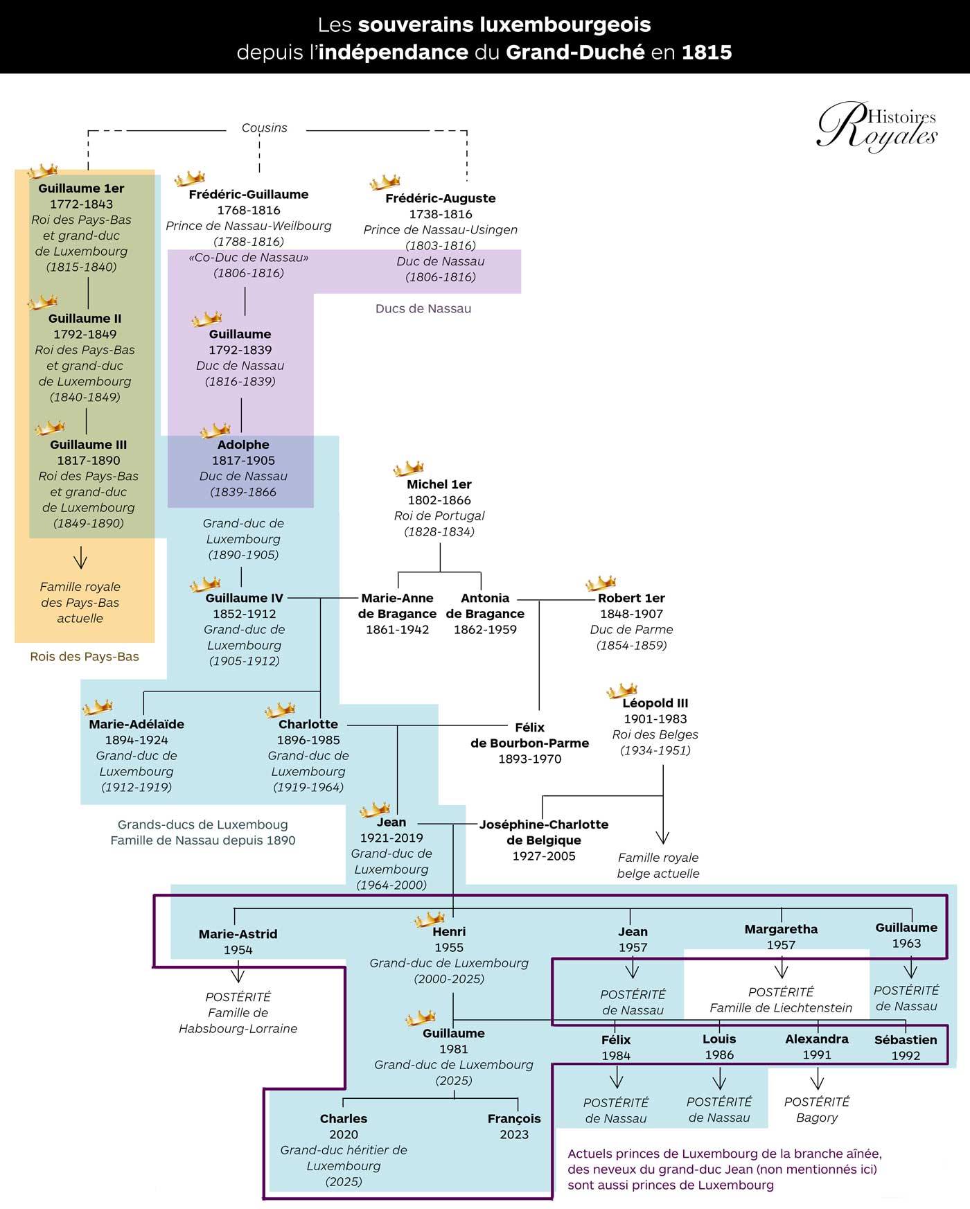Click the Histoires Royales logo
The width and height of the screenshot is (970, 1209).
(877, 127)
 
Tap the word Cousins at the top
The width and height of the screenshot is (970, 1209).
(264, 128)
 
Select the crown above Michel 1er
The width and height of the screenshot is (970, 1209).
(408, 468)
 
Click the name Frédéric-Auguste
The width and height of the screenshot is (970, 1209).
(440, 198)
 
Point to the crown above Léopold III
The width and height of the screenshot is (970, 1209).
(621, 690)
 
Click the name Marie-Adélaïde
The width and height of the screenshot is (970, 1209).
(136, 724)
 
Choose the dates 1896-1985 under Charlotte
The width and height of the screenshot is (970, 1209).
(308, 740)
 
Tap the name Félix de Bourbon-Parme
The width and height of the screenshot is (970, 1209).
(529, 735)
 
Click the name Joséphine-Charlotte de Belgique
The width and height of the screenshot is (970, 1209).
(544, 832)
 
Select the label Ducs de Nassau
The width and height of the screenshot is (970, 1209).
(423, 309)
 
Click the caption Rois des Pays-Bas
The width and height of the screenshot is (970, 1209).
(85, 657)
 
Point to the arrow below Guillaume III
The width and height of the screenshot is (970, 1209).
(80, 557)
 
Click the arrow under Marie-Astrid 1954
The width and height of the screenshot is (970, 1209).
(238, 973)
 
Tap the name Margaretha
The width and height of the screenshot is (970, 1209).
(781, 929)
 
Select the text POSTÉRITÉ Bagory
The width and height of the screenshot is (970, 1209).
(817, 1109)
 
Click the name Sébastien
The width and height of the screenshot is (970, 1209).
(906, 1040)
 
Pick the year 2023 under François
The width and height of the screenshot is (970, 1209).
(514, 1134)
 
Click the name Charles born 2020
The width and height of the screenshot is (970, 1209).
(344, 1118)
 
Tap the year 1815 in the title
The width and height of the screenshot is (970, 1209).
(707, 53)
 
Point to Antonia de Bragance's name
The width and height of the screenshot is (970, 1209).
(485, 606)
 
